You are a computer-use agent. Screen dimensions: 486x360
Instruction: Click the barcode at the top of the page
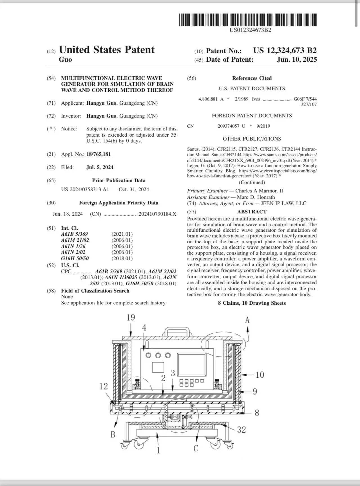coord(248,20)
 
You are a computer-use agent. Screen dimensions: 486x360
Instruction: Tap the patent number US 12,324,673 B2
coord(285,51)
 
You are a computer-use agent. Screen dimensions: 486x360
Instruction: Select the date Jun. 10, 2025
coord(297,59)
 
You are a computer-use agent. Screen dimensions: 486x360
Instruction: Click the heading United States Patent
coord(107,50)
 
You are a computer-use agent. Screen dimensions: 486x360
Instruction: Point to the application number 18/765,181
coord(99,154)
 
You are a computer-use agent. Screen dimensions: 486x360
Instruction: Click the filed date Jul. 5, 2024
coord(100,167)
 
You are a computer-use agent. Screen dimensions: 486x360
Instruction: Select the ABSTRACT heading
coord(252,212)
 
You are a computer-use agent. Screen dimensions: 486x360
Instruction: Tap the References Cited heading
coord(252,78)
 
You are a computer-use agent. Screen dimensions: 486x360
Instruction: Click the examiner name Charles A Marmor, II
coord(259,191)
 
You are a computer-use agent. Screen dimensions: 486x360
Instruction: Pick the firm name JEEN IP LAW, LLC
coord(283,203)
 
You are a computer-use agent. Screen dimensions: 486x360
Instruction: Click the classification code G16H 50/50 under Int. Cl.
coord(75,258)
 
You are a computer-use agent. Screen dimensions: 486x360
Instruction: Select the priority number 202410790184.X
coord(157,214)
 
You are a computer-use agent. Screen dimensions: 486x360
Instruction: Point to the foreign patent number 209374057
coord(228,126)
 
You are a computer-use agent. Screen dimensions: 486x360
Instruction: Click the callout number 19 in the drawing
coord(131,318)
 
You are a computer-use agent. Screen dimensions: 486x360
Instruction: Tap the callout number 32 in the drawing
coord(241,430)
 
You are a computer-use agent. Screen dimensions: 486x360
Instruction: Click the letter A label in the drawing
coord(247,320)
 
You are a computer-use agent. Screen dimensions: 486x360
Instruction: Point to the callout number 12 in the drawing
coord(103,386)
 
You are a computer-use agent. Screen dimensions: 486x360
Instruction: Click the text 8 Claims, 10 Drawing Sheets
coord(252,303)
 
